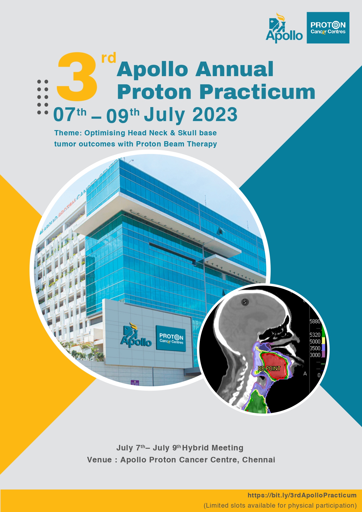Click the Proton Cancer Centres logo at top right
click(x=328, y=28)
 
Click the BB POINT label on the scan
click(x=269, y=369)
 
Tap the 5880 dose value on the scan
click(x=315, y=321)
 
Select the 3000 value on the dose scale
click(x=315, y=355)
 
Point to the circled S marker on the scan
click(x=245, y=302)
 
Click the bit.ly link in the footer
click(x=302, y=495)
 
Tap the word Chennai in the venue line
click(x=259, y=460)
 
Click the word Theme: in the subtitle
click(x=68, y=133)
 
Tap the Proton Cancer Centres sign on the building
click(x=171, y=338)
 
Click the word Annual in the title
click(x=235, y=69)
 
